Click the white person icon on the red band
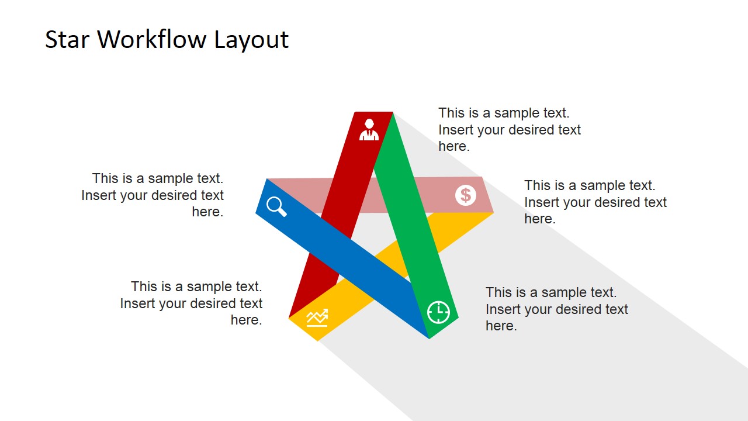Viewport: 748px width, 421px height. [x=369, y=130]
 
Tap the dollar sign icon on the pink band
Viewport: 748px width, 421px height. [x=466, y=195]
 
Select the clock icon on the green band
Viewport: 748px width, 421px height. [x=438, y=312]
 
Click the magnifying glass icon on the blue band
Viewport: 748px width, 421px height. [x=276, y=206]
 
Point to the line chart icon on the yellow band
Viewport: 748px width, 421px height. [x=317, y=318]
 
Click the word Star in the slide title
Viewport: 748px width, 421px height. [x=67, y=40]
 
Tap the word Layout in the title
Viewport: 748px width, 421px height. [x=251, y=40]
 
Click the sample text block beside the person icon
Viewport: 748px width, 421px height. [x=510, y=130]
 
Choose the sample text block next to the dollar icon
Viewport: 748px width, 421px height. [x=595, y=202]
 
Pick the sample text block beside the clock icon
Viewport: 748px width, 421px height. [x=556, y=309]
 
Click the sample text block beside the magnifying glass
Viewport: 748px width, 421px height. [x=153, y=195]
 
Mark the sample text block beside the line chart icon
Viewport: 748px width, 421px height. [x=192, y=303]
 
